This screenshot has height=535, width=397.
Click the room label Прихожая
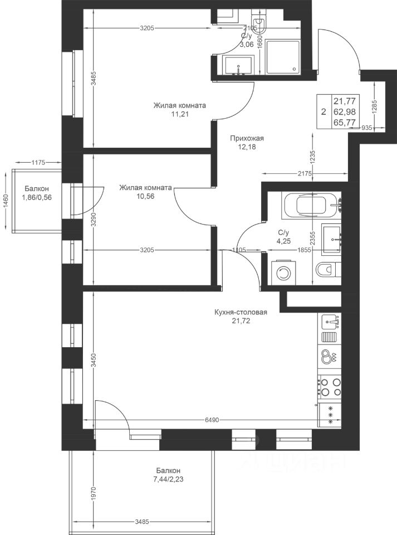pos(247,139)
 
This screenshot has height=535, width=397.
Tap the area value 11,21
pos(180,114)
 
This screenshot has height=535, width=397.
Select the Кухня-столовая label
pos(241,312)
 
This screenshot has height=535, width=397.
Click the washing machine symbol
pos(283,273)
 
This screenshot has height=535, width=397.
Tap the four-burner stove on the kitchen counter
pos(330,387)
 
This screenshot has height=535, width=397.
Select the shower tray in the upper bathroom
pos(283,57)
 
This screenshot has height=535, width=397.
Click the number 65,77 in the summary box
pos(345,122)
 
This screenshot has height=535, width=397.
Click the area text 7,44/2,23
pos(168,479)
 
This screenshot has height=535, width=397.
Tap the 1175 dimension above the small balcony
pos(38,163)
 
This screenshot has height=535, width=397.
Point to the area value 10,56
pos(145,197)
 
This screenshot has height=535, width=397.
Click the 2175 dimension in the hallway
pos(305,174)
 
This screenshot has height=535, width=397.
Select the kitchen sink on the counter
pos(330,322)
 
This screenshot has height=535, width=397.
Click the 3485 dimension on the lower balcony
pos(142,522)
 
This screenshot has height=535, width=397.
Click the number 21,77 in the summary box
pos(345,101)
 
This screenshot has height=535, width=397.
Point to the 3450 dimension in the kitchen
pos(95,361)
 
